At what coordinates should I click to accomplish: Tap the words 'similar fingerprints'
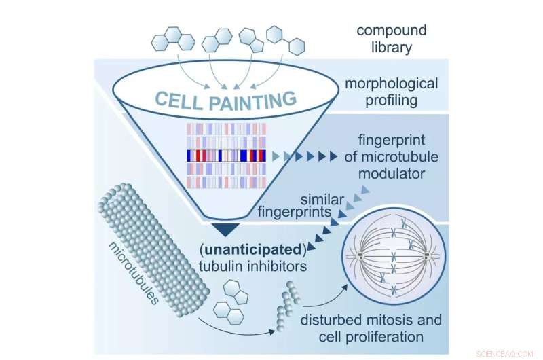pos(296,204)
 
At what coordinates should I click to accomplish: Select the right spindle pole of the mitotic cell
pos(426,257)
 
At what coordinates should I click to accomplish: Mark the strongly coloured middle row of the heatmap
pos(223,156)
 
